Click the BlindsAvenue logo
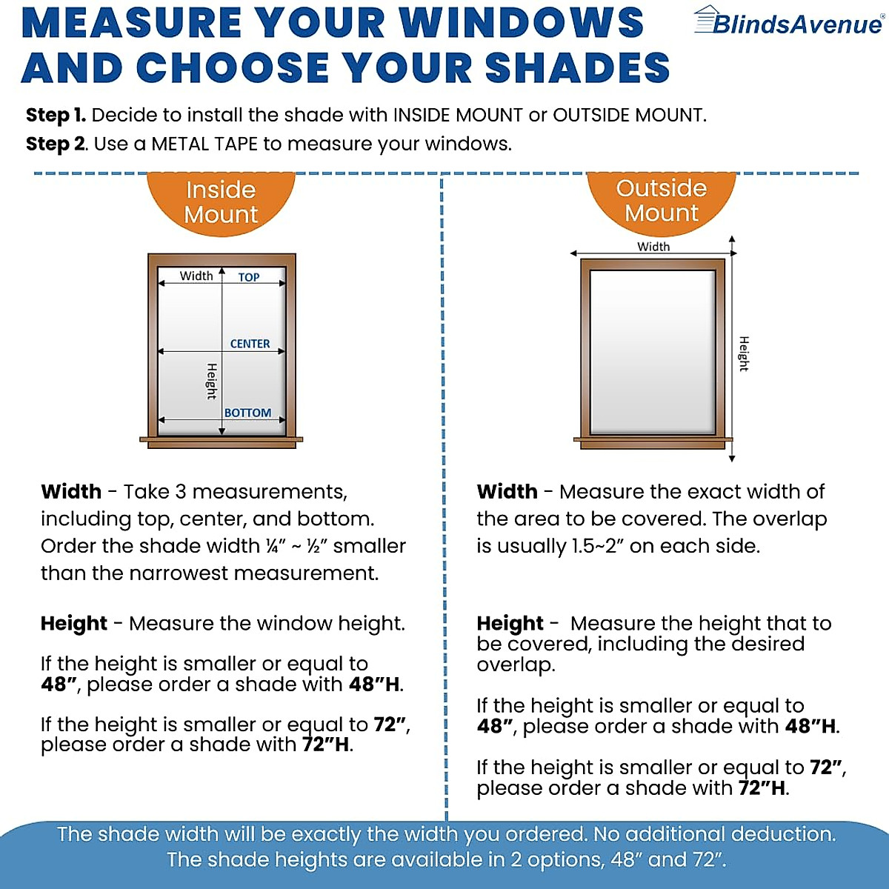[788, 22]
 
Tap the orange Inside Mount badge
[221, 202]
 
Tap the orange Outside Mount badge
[661, 200]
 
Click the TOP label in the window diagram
[249, 277]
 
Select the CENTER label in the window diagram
[250, 344]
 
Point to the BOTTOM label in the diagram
[247, 413]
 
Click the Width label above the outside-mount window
[653, 247]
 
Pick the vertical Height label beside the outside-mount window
[744, 353]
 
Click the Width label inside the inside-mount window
[196, 276]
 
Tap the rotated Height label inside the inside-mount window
[211, 381]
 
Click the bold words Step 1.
[56, 116]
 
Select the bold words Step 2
[56, 144]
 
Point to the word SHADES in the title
[577, 68]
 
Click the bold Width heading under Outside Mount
[507, 492]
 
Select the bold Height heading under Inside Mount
[73, 624]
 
